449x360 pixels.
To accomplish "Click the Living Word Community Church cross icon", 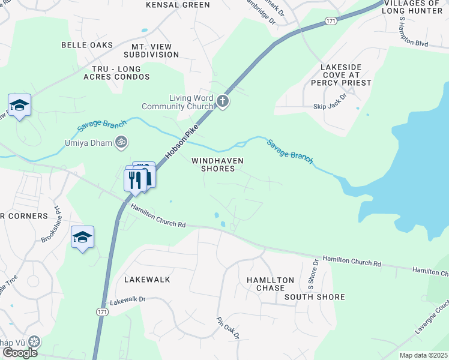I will click(x=223, y=101).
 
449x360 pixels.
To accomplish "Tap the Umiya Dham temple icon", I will click(x=122, y=143).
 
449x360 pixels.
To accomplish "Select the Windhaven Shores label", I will click(x=213, y=165).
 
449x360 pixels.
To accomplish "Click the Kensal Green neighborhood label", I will click(x=178, y=5).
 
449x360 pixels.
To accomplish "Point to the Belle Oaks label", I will click(x=87, y=45).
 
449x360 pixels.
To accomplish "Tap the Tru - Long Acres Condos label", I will click(x=121, y=73).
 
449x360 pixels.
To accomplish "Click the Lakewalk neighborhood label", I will click(x=147, y=280).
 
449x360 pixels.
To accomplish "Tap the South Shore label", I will click(x=315, y=297).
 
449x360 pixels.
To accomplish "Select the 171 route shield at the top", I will click(x=331, y=21).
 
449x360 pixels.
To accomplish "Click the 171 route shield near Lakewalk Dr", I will click(x=103, y=313).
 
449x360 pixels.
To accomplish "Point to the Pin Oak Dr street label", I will click(x=229, y=328).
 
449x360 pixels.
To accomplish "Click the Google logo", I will click(x=20, y=353).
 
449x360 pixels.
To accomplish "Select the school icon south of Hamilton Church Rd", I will click(x=82, y=238).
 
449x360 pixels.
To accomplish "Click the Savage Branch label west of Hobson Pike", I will click(x=102, y=127).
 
